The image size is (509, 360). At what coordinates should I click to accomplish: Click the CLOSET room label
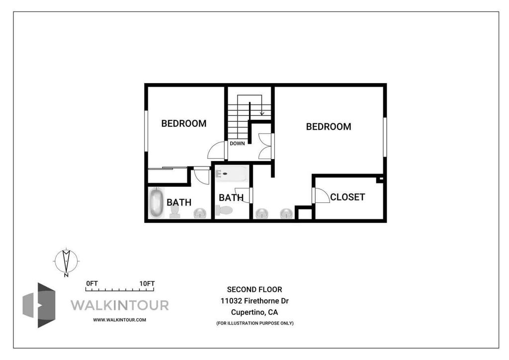[347, 197]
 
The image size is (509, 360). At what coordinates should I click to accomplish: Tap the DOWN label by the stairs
[237, 144]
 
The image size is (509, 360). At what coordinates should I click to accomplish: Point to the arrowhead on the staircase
[261, 113]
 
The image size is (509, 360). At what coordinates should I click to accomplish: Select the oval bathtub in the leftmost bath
[156, 202]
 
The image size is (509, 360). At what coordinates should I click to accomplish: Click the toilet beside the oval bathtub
[175, 211]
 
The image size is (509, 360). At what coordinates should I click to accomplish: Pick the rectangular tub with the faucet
[232, 174]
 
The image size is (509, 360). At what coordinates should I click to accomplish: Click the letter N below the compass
[66, 275]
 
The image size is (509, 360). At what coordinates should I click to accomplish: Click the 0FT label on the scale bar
[92, 283]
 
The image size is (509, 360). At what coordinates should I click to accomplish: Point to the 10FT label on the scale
[147, 283]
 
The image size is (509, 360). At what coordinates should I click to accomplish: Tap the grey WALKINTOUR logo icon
[39, 305]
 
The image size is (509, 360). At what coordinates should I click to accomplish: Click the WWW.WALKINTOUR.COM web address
[119, 320]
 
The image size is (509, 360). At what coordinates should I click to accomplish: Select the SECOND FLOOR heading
[254, 289]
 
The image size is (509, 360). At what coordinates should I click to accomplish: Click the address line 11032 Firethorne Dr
[254, 301]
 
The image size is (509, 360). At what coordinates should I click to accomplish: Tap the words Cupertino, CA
[254, 312]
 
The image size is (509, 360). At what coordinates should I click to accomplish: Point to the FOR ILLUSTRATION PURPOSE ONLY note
[255, 323]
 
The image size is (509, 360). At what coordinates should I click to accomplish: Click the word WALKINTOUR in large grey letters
[120, 305]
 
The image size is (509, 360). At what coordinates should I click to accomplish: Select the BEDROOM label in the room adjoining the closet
[329, 127]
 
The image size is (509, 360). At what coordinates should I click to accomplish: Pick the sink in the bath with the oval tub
[200, 213]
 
